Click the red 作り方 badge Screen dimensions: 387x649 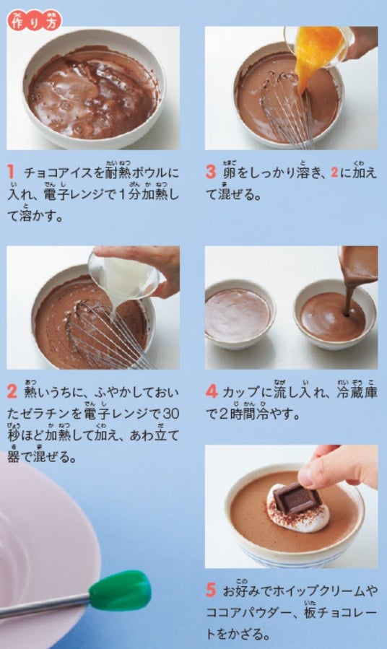click(35, 20)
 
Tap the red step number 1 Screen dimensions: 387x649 click(11, 173)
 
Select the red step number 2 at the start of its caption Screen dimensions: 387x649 click(12, 391)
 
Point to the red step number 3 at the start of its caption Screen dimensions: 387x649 click(211, 173)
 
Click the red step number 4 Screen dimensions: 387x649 click(211, 391)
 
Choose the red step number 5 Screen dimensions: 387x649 click(211, 591)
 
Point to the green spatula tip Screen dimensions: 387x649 click(120, 591)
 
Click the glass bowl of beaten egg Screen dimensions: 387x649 click(317, 45)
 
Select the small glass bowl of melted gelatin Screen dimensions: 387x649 click(123, 275)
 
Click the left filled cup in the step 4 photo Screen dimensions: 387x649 click(240, 315)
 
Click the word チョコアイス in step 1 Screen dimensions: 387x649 click(58, 173)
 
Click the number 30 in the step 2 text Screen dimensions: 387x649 click(170, 414)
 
